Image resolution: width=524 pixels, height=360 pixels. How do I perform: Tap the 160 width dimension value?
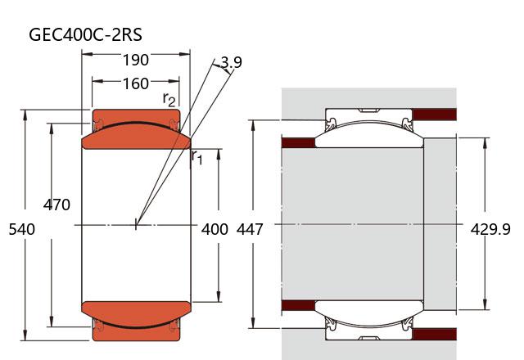point(135,83)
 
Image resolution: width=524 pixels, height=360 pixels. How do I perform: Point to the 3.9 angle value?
point(232,62)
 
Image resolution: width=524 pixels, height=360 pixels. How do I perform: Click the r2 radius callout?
point(169,99)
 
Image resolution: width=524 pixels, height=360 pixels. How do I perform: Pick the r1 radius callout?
point(196,156)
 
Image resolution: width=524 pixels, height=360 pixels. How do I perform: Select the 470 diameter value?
point(56,205)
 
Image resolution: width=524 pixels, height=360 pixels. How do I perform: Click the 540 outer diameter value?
point(21,230)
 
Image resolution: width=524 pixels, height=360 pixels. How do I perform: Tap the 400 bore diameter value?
point(215,230)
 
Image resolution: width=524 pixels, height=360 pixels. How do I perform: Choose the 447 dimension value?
point(250,230)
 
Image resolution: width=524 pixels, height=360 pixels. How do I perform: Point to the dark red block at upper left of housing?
point(298,142)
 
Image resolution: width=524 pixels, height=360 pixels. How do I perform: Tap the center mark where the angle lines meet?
point(137,222)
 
